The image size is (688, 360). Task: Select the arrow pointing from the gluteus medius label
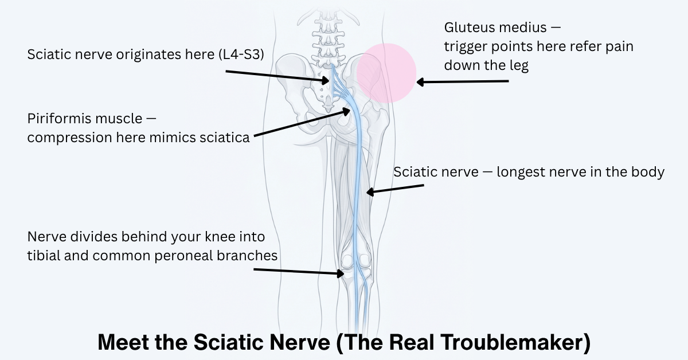pyautogui.click(x=462, y=82)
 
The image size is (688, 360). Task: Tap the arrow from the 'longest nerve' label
pyautogui.click(x=395, y=189)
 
